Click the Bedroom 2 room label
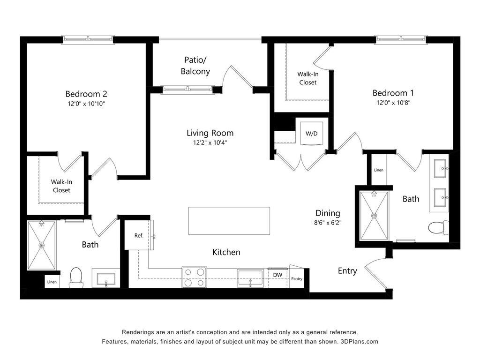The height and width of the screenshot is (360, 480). [x=86, y=94]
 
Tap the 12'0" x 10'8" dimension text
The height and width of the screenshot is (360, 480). [x=393, y=103]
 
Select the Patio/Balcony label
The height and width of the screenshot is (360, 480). [x=195, y=66]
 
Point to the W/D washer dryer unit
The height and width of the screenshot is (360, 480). [x=312, y=134]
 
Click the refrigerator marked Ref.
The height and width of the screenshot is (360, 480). [x=139, y=235]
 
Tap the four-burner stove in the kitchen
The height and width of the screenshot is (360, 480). [x=195, y=277]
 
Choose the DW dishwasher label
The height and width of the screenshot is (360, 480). [x=277, y=275]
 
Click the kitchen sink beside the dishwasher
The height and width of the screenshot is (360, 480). [x=250, y=278]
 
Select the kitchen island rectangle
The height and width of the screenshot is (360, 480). [x=229, y=221]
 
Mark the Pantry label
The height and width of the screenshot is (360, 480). [x=297, y=278]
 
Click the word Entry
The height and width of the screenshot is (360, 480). [x=347, y=271]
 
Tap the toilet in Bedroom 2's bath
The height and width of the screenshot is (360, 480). [x=76, y=277]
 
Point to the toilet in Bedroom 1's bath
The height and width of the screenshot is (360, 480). [x=438, y=228]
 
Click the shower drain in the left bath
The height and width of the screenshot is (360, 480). [x=42, y=245]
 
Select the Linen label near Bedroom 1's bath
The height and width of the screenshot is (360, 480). [x=379, y=170]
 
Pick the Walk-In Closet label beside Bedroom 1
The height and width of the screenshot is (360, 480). [x=308, y=78]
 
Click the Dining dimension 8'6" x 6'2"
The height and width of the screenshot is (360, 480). [x=328, y=223]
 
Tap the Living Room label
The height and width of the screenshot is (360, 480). [x=210, y=133]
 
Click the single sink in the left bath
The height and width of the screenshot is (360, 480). [x=106, y=279]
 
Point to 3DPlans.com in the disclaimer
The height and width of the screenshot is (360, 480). [x=360, y=342]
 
